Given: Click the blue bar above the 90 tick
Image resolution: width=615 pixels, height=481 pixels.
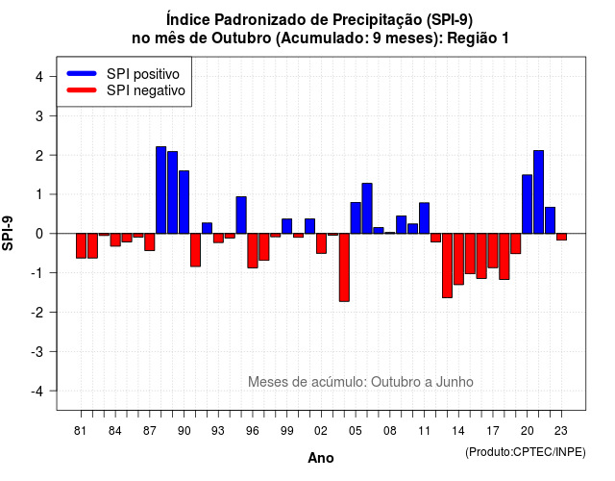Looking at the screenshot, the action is coord(184,202).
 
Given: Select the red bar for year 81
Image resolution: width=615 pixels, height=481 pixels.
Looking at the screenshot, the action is coord(81,246).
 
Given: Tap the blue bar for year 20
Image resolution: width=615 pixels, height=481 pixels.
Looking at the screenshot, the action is coord(528,204).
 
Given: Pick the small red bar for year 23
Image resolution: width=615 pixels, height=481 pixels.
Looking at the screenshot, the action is coord(561,237).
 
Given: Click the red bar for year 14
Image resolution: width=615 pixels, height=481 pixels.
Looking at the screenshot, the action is coord(458,259).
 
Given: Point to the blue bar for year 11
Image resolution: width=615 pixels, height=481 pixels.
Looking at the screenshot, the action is coord(424,218).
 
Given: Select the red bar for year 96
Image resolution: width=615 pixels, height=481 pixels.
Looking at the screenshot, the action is coord(253,251).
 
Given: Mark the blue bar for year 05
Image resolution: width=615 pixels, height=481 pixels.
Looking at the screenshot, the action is coord(356,218).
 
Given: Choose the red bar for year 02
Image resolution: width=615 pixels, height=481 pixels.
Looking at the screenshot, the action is coord(321,243).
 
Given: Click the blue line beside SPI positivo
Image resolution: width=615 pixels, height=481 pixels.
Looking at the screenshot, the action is coord(82,73).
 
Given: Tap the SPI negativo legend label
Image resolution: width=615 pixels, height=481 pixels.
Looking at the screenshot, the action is coord(146,90).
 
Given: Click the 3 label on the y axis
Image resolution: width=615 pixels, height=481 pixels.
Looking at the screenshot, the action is coord(39,115).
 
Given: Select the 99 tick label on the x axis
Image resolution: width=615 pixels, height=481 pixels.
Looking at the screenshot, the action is coord(286,431).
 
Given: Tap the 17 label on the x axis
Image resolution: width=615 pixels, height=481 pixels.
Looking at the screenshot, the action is coord(493,431).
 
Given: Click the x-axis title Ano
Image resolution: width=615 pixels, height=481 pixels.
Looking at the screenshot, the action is coord(321,458).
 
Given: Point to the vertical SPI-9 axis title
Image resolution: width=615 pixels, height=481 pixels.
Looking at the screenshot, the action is coord(8,233).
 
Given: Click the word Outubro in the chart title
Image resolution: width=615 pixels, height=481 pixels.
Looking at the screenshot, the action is coord(241,38).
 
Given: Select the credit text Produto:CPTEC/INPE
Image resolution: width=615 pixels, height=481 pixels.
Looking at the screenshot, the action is coord(526,452).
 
